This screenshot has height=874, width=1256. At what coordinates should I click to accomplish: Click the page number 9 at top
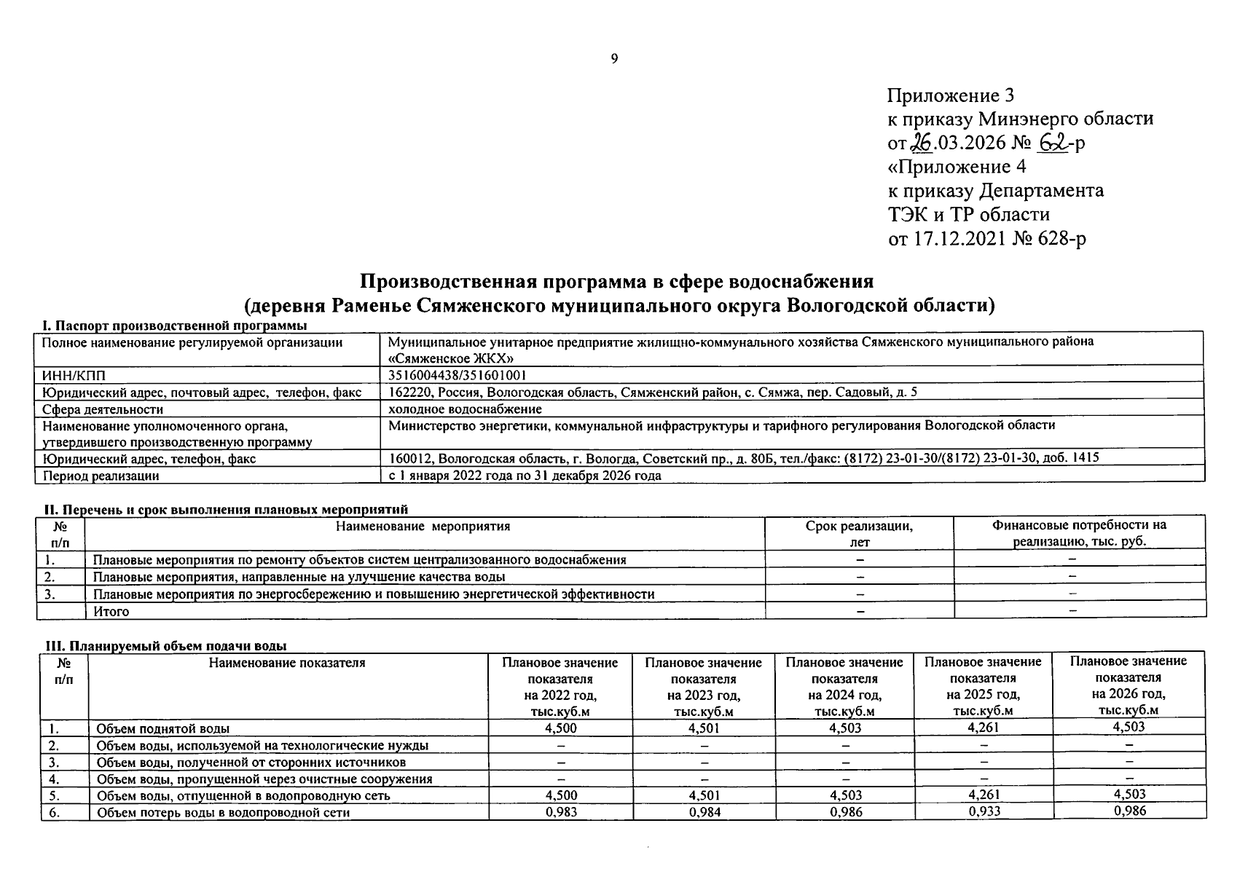(614, 59)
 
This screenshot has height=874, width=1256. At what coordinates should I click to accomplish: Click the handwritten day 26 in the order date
(922, 143)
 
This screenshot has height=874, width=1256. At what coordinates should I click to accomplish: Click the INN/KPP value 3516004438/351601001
(458, 376)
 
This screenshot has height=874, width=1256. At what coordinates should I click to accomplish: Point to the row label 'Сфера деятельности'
(103, 409)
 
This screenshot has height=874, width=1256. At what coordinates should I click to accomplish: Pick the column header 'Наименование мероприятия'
(423, 526)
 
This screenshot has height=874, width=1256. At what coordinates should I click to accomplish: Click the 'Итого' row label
(111, 612)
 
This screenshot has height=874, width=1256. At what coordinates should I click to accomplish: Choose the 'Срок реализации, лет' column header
(859, 534)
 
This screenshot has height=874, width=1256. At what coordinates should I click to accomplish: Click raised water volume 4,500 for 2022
(560, 728)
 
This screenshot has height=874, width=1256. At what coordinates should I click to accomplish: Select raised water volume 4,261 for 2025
(983, 727)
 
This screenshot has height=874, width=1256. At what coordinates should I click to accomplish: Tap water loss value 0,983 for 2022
(560, 811)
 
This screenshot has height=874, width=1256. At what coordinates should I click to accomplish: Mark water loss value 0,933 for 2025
(984, 811)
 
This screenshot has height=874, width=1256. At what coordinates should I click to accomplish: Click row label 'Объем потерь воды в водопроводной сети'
(223, 812)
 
